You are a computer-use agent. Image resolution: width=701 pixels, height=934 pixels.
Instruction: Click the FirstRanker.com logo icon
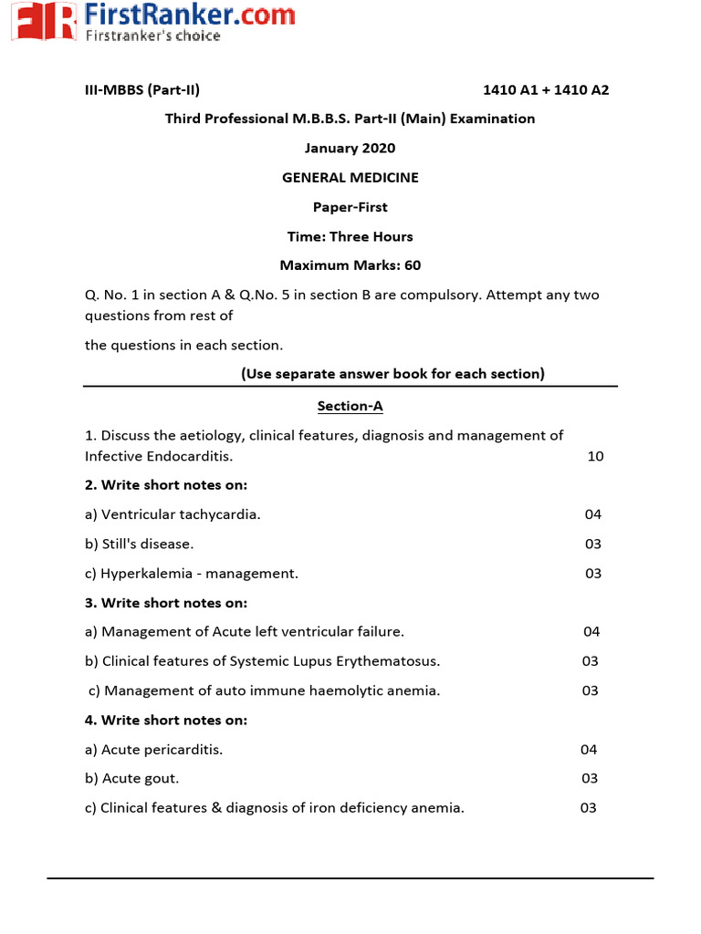click(43, 22)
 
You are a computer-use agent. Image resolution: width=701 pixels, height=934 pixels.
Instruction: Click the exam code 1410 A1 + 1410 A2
click(545, 89)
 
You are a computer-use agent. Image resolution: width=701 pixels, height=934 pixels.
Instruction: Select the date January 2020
click(350, 148)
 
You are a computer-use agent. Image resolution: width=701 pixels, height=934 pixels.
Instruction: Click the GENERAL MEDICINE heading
click(350, 178)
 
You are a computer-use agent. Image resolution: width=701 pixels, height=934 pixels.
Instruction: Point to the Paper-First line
click(350, 207)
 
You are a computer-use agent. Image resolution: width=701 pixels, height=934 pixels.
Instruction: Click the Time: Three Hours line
click(350, 236)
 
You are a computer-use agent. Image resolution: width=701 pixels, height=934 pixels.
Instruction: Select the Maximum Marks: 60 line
click(350, 265)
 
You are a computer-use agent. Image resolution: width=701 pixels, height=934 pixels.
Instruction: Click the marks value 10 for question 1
click(595, 455)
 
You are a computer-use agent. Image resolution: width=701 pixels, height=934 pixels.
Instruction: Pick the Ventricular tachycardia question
click(173, 514)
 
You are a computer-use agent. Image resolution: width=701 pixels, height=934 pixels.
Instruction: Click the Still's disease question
click(139, 544)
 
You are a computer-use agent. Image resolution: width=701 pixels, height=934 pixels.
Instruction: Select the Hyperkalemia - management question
click(192, 574)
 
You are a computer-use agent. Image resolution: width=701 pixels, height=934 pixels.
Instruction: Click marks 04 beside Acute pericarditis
click(589, 749)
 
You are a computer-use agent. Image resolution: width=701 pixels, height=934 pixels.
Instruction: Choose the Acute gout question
click(132, 778)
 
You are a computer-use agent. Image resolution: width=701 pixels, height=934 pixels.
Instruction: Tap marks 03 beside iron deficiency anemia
click(588, 807)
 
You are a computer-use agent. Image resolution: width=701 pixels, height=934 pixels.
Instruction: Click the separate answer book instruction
click(392, 373)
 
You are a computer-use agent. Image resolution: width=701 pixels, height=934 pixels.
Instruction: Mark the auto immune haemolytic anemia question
click(265, 690)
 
